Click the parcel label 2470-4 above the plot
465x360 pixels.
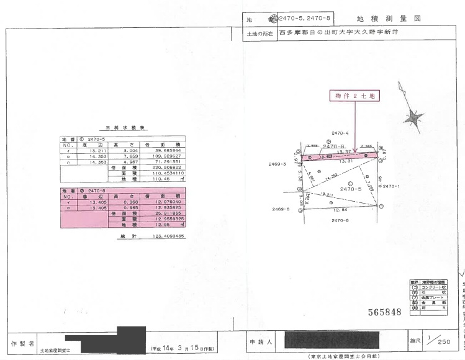[x=340, y=133]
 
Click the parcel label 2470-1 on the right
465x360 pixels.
[x=391, y=186]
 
